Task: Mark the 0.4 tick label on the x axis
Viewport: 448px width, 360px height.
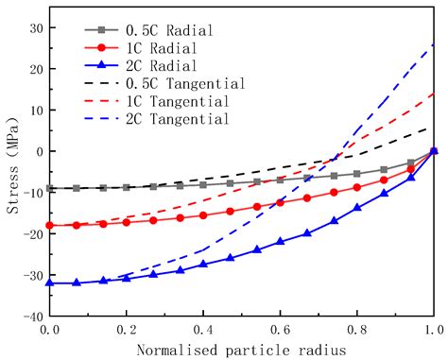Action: tap(202, 330)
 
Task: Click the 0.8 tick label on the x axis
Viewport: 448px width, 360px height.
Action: tap(356, 330)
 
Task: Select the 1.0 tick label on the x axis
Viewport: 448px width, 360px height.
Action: tap(433, 330)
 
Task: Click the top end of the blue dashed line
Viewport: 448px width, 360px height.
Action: tap(434, 43)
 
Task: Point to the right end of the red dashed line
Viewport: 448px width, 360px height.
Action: tap(434, 94)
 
